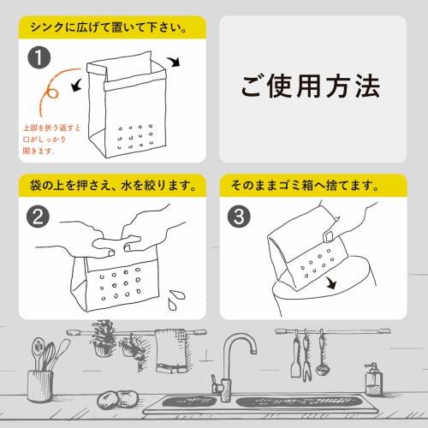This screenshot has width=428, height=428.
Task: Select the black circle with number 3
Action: pyautogui.click(x=241, y=217)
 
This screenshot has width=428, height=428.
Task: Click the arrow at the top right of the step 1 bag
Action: pyautogui.click(x=175, y=62)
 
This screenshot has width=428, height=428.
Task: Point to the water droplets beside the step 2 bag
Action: pyautogui.click(x=177, y=298)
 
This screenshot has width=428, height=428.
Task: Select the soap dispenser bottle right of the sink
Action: pyautogui.click(x=372, y=379)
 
